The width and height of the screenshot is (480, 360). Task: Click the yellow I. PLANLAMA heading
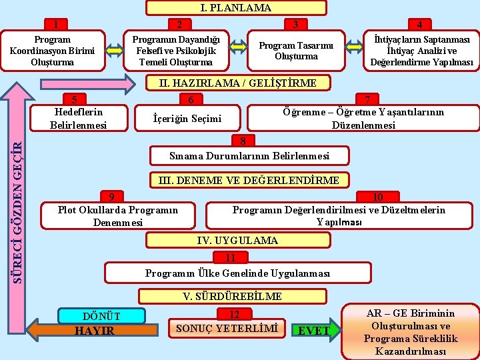[236, 8]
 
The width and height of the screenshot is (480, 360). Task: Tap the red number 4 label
[419, 25]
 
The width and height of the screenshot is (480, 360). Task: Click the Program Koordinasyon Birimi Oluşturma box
[52, 51]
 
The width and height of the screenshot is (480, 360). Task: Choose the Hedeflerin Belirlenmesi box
[79, 117]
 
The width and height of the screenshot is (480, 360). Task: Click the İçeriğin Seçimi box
[187, 119]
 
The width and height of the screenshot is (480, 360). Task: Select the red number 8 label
[243, 141]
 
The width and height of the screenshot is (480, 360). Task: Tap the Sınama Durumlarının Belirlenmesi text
[249, 156]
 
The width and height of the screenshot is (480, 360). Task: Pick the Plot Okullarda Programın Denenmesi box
[118, 215]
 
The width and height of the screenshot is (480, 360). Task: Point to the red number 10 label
[377, 197]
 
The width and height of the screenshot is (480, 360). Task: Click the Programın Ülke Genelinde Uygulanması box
[237, 273]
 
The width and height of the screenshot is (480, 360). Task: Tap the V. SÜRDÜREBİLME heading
[232, 296]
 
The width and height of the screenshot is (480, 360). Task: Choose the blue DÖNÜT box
[101, 315]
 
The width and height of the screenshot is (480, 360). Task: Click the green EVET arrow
[315, 330]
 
